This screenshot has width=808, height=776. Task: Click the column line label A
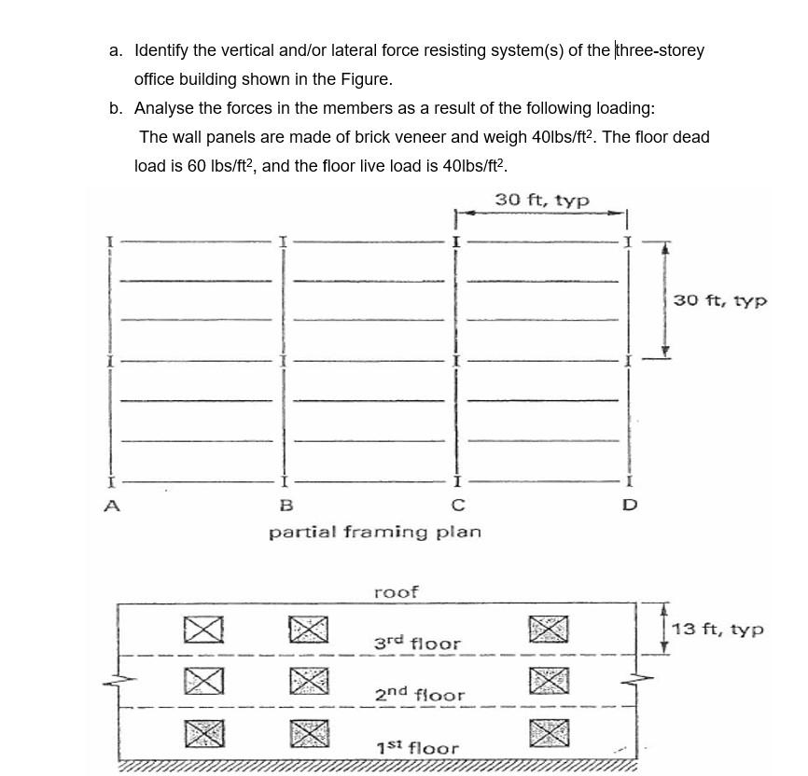(x=112, y=506)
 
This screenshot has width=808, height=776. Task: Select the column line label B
(x=286, y=506)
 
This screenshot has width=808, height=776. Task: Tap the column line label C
(x=457, y=506)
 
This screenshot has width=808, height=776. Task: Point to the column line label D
(x=630, y=506)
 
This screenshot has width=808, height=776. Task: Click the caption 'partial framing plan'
(x=375, y=532)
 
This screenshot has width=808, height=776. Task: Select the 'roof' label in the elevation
(x=396, y=592)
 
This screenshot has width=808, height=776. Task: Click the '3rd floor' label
(x=417, y=644)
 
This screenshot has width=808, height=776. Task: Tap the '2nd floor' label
(x=419, y=695)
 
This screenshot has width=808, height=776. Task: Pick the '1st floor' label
(x=417, y=747)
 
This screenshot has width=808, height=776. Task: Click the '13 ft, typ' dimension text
(x=717, y=630)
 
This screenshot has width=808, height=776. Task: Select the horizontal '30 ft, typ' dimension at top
(x=541, y=200)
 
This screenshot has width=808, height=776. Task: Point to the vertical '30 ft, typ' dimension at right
(x=720, y=300)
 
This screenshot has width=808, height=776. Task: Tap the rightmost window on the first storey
(x=549, y=732)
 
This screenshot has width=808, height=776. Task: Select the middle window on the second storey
(x=309, y=681)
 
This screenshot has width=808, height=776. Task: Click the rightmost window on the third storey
(x=549, y=630)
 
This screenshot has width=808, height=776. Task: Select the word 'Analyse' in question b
(x=165, y=108)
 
